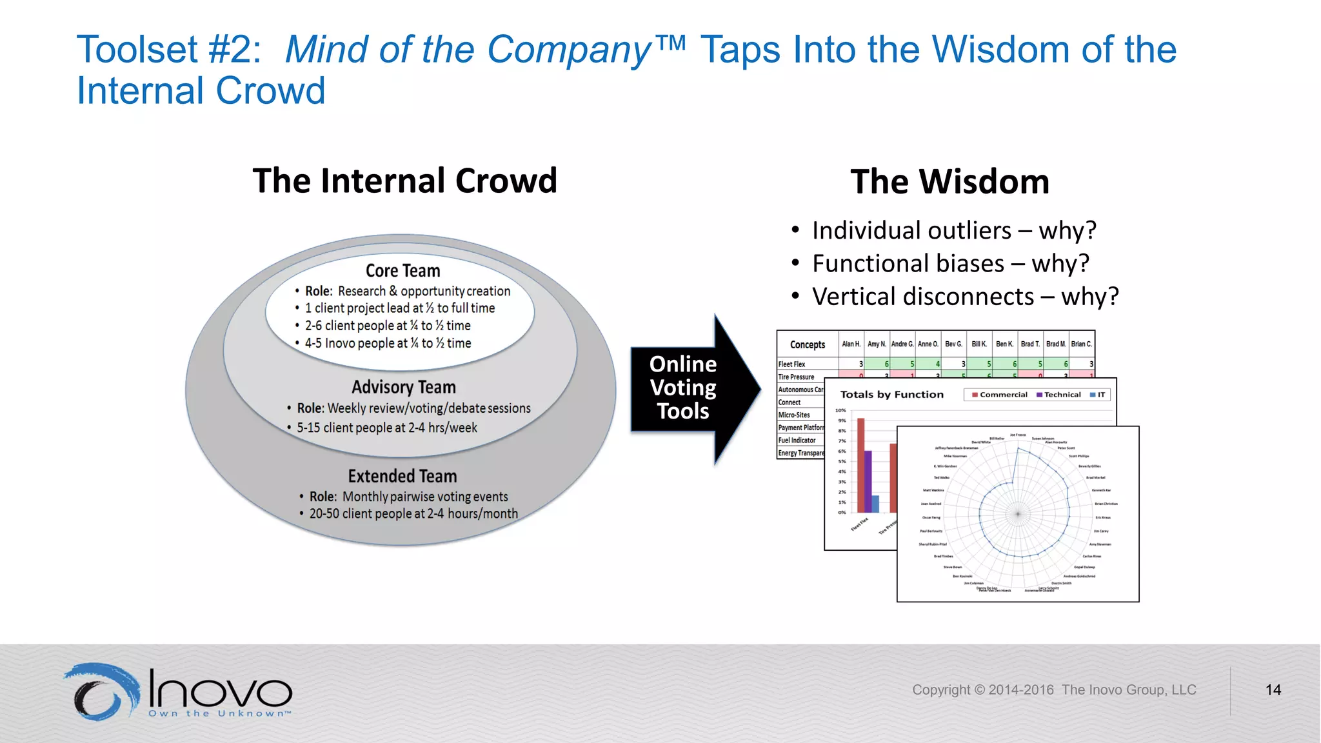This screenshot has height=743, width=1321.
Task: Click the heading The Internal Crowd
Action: [x=404, y=181]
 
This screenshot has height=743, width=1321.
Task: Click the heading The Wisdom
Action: [x=949, y=182]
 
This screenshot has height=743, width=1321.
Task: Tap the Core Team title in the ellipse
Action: [x=402, y=271]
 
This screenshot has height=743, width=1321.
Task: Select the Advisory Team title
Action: [x=403, y=387]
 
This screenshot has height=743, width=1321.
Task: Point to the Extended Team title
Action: [x=402, y=476]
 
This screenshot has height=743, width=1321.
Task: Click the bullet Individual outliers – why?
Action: [x=953, y=230]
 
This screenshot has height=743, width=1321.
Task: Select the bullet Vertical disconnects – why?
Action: [x=964, y=297]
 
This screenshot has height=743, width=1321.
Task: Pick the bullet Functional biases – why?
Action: [x=950, y=264]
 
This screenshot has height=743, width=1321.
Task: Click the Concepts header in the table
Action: [x=807, y=345]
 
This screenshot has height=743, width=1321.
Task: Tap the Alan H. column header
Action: [x=851, y=344]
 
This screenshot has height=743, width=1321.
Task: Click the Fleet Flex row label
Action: [x=791, y=364]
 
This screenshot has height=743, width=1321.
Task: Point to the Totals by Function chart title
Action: [x=891, y=395]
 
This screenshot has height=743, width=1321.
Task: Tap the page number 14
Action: [x=1273, y=690]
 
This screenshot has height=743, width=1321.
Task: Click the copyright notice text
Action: [x=1053, y=690]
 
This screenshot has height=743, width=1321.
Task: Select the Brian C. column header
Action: [x=1081, y=344]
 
